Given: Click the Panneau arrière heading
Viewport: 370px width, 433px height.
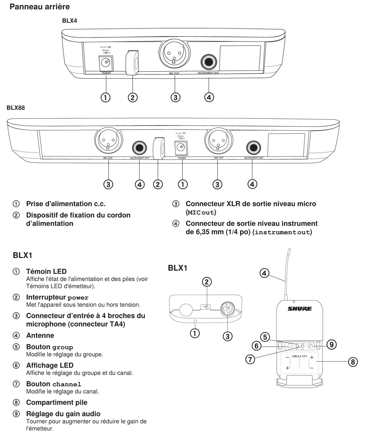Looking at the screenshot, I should coord(40,6).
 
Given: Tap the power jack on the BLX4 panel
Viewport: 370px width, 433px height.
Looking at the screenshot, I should coord(106,63).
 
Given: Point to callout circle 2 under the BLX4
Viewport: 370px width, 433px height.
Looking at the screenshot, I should coord(133,97).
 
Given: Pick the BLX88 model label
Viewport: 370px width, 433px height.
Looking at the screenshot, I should coord(16,108).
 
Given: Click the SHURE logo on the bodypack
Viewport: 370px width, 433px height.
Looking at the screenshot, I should coord(299,309).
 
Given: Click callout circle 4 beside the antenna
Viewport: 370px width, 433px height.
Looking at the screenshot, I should coord(265,273).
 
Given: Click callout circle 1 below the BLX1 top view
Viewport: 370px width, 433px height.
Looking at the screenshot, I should coord(195,333).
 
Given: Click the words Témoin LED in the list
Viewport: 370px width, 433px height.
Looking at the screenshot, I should coord(46,271).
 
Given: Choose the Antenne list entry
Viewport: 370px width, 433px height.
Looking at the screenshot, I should coord(40,335).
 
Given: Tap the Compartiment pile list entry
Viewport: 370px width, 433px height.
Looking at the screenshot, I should coord(57,402).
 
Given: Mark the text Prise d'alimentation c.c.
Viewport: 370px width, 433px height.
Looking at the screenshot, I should coord(66,204).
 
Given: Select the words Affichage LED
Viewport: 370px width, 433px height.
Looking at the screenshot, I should coord(50,365).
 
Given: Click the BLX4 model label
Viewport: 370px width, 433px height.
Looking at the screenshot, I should coord(70,21).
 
